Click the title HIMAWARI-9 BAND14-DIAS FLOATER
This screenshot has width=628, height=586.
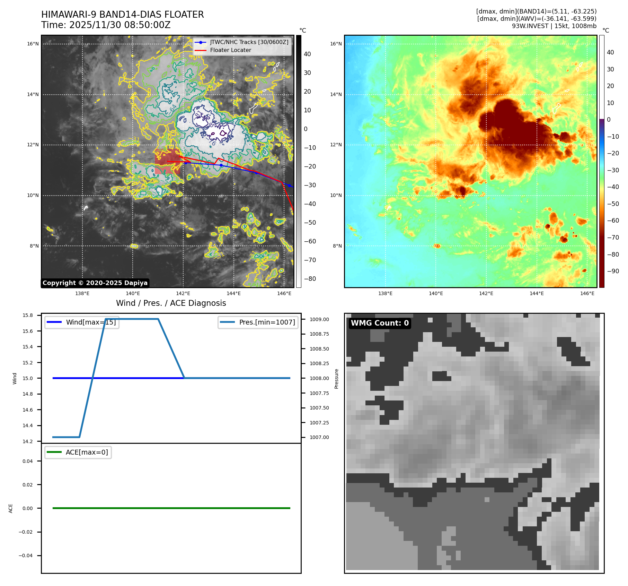pos(122,15)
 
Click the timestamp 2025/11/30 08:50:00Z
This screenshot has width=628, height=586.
pos(120,25)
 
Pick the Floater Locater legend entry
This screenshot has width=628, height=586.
pos(230,50)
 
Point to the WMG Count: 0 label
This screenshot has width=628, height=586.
pos(380,323)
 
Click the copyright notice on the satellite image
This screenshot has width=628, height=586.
pos(95,283)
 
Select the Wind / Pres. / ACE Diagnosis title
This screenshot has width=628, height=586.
pos(171,303)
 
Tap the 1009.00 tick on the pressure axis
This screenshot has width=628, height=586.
pos(319,319)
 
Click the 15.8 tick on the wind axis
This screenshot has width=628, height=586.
pos(28,315)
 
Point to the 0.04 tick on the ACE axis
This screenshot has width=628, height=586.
pos(28,461)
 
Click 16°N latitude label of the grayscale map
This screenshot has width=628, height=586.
pos(33,44)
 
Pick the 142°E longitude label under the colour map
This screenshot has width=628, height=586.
pos(486,293)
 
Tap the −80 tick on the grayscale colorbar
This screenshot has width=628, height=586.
pos(310,279)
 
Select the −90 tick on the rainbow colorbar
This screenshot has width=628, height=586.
pos(613,271)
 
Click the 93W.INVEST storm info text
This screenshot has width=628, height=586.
pos(554,26)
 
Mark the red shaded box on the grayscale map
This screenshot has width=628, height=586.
pos(167,161)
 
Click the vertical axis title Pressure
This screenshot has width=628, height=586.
pos(336,378)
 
